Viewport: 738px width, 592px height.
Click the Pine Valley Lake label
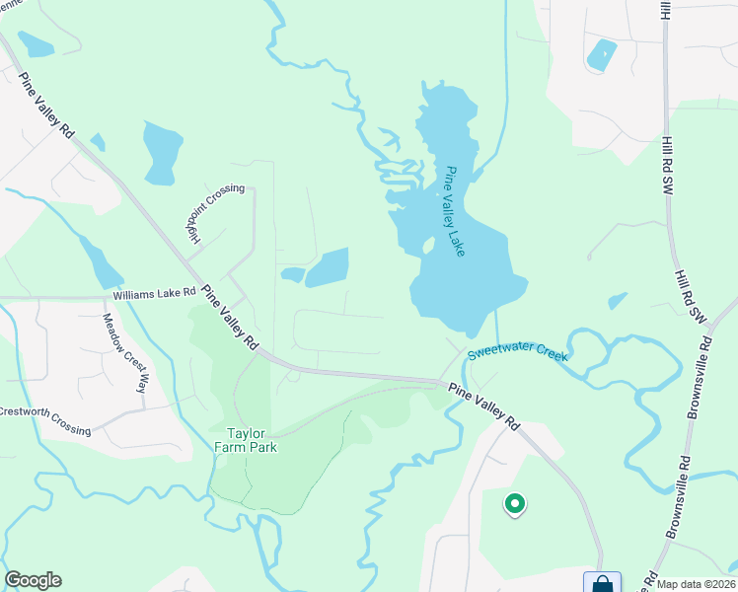pyautogui.click(x=455, y=211)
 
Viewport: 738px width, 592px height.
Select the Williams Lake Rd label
pyautogui.click(x=154, y=294)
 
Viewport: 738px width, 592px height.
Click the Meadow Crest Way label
pyautogui.click(x=124, y=352)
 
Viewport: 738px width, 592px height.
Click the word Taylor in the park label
pyautogui.click(x=247, y=433)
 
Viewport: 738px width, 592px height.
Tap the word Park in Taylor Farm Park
pyautogui.click(x=262, y=447)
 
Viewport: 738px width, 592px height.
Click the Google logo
pyautogui.click(x=33, y=580)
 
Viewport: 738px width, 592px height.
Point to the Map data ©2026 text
pyautogui.click(x=697, y=584)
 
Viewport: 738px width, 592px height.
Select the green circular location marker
pyautogui.click(x=514, y=504)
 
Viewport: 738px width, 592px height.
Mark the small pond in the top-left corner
pyautogui.click(x=36, y=44)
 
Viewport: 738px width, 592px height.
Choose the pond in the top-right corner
pyautogui.click(x=601, y=54)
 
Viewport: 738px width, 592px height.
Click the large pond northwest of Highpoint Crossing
pyautogui.click(x=163, y=153)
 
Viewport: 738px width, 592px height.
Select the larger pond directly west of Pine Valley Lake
pyautogui.click(x=328, y=266)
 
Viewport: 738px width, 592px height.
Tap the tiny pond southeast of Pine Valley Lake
pyautogui.click(x=618, y=300)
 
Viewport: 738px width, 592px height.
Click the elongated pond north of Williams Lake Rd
pyautogui.click(x=101, y=262)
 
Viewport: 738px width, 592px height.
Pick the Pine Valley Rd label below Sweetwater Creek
pyautogui.click(x=484, y=406)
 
